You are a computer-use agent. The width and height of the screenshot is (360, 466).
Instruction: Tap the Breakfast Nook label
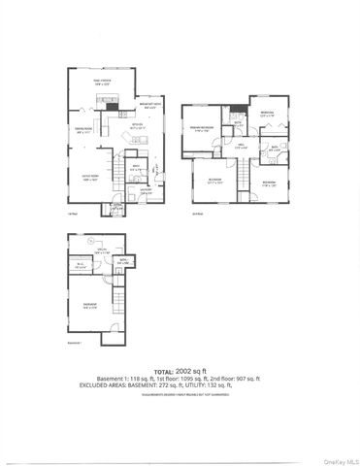click(149, 108)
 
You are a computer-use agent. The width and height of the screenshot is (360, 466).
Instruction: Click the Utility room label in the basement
click(100, 252)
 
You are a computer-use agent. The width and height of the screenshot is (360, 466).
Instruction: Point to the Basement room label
click(88, 307)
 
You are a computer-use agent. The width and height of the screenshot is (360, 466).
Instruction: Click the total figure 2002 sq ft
click(199, 369)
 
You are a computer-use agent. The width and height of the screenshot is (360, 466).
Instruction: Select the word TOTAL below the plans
click(164, 369)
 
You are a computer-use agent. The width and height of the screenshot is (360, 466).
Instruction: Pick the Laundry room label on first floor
click(145, 190)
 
